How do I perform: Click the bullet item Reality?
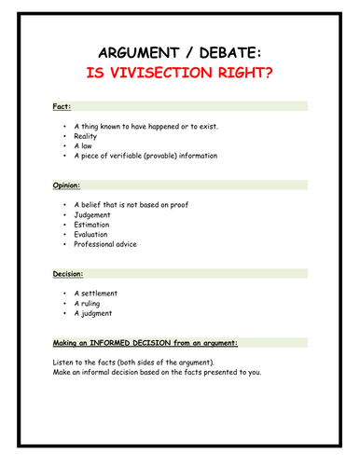87,135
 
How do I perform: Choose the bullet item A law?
85,145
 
